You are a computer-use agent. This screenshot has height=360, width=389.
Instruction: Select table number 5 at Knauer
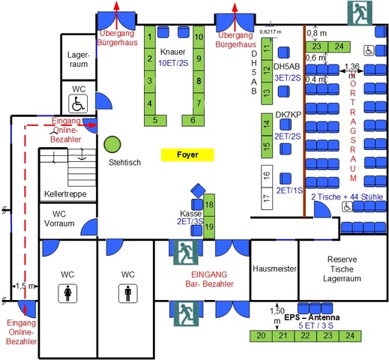155,119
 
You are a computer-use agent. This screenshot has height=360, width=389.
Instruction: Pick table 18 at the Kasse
209,204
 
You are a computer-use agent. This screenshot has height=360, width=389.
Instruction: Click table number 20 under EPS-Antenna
260,336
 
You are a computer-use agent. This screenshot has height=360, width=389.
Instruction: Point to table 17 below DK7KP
265,199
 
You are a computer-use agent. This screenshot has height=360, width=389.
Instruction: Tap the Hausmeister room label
274,268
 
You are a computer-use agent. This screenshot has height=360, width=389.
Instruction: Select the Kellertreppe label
65,193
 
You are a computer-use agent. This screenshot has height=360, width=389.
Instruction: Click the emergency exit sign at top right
358,13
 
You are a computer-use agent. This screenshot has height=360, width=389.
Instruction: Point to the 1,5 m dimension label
25,286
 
